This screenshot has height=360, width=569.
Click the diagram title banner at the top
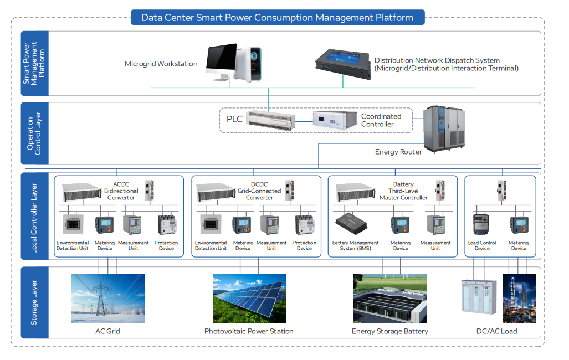click(x=277, y=17)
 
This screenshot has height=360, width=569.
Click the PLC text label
click(x=234, y=119)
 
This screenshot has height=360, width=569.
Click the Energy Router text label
click(x=398, y=152)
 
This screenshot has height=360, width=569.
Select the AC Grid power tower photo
click(x=107, y=299)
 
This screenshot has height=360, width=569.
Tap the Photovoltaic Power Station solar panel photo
click(x=249, y=299)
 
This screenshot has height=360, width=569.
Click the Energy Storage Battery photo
click(x=390, y=299)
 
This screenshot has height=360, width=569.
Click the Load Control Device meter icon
click(x=482, y=224)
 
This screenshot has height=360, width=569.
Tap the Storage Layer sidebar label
click(x=34, y=302)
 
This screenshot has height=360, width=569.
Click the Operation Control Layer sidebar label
click(x=34, y=133)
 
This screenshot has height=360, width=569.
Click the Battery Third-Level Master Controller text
click(x=403, y=191)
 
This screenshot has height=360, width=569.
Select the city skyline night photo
click(x=519, y=299)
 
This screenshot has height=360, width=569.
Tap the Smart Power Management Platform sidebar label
click(x=34, y=63)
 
